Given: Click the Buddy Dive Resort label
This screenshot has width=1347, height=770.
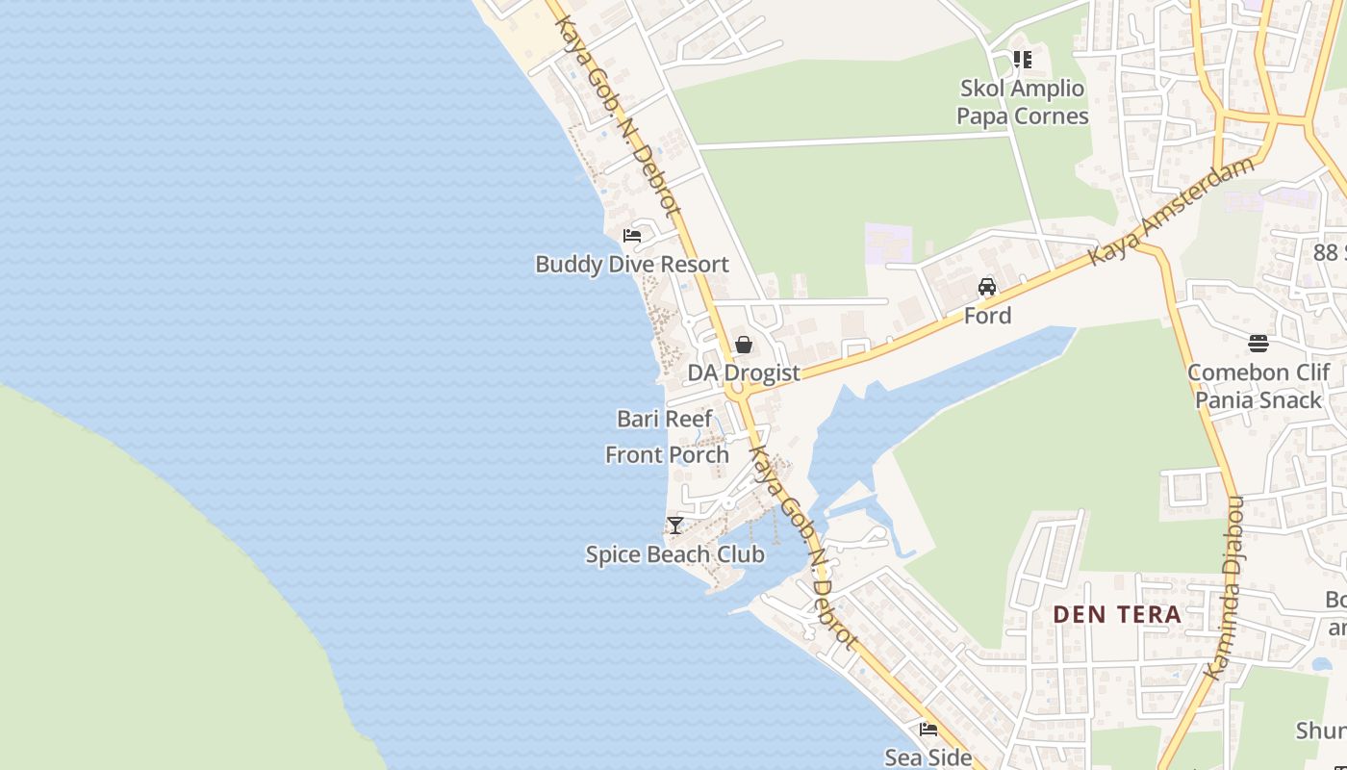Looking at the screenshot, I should [x=631, y=264].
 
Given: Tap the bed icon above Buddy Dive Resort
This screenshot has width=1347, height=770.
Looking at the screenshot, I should [x=632, y=235].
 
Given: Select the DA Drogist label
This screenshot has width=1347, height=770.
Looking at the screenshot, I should [x=743, y=372].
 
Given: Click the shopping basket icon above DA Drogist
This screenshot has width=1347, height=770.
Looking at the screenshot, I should [x=743, y=344].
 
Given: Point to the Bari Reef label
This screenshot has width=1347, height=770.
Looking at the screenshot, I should [x=664, y=419].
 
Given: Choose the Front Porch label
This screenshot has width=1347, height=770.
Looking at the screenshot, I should [x=666, y=454].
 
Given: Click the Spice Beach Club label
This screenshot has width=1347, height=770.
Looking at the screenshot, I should [x=674, y=554].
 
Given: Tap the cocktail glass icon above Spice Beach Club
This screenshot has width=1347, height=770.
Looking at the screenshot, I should [x=675, y=526].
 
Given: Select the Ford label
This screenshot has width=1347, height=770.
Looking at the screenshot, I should [x=987, y=316].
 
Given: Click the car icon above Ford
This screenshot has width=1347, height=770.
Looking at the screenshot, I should [x=987, y=287].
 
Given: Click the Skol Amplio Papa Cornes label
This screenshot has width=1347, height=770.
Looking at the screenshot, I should [x=1022, y=102].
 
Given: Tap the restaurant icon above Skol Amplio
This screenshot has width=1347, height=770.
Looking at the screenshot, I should [x=1022, y=60].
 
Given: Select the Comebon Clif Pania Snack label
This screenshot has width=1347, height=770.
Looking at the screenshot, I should [x=1258, y=386].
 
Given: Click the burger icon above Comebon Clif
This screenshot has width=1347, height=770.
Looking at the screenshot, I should [x=1258, y=344].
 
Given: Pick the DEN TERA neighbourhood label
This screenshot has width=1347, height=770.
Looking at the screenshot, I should [x=1116, y=614].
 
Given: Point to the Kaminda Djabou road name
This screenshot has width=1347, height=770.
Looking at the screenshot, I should [x=1225, y=587].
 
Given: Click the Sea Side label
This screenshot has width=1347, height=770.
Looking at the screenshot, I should [x=928, y=757].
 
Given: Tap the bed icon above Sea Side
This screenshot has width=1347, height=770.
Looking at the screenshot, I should [x=928, y=729].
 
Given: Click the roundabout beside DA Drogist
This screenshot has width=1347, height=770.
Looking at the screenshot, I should [x=738, y=394].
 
